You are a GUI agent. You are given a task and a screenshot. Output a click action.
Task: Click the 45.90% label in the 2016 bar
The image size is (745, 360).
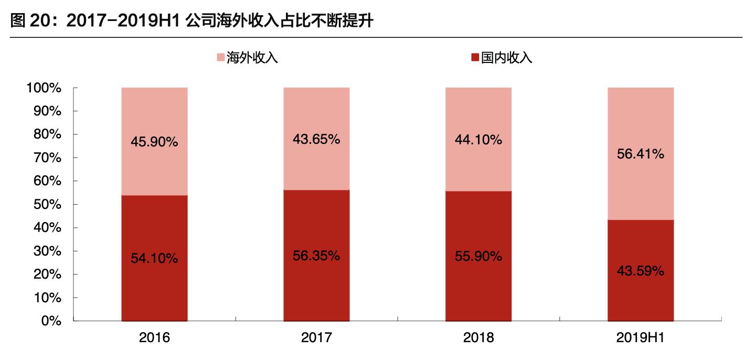154,142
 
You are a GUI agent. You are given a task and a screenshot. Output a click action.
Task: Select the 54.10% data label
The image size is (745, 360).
154,258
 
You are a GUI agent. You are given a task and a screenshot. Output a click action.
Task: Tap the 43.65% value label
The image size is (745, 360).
316,139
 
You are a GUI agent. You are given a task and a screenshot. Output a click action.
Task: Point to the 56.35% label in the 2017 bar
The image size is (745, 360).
316,256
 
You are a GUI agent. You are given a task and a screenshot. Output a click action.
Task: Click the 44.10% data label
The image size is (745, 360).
478,140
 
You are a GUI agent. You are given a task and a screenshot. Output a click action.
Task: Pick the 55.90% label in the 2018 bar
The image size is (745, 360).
478,257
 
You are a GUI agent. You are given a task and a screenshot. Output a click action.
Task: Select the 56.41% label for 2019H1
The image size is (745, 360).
641,154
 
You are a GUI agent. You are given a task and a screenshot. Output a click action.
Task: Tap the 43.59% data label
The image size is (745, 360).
641,271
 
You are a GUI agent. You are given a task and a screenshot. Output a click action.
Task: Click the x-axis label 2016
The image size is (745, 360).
154,337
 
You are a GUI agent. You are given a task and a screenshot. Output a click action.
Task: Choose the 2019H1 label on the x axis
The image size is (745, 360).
641,337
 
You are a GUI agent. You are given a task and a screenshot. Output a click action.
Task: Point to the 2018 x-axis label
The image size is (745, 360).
478,337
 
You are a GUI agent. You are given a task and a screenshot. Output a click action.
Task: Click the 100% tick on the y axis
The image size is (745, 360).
44,88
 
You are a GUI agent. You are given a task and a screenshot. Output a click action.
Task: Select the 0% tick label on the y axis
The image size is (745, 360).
51,321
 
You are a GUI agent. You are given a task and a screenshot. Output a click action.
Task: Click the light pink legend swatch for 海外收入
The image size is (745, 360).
221,57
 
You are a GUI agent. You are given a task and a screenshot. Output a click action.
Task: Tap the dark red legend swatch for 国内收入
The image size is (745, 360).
475,57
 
